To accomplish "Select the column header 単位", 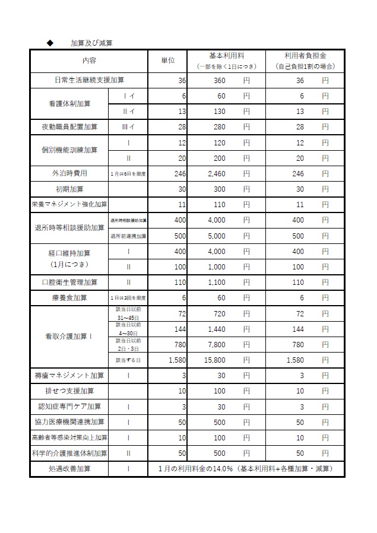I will click(x=168, y=60).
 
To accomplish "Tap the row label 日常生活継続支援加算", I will click(x=89, y=80).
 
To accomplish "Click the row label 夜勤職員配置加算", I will click(x=69, y=126).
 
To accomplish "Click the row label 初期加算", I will click(x=69, y=189).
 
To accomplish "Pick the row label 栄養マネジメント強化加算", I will click(x=69, y=204).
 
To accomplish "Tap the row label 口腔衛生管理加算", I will click(x=69, y=282).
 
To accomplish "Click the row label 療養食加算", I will click(x=69, y=297).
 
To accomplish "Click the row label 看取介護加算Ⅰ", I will click(x=69, y=337).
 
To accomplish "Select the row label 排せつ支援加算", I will click(x=69, y=391).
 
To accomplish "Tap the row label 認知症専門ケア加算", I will click(x=69, y=407).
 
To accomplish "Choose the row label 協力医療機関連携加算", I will click(x=69, y=422).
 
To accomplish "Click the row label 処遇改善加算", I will click(x=69, y=469).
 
